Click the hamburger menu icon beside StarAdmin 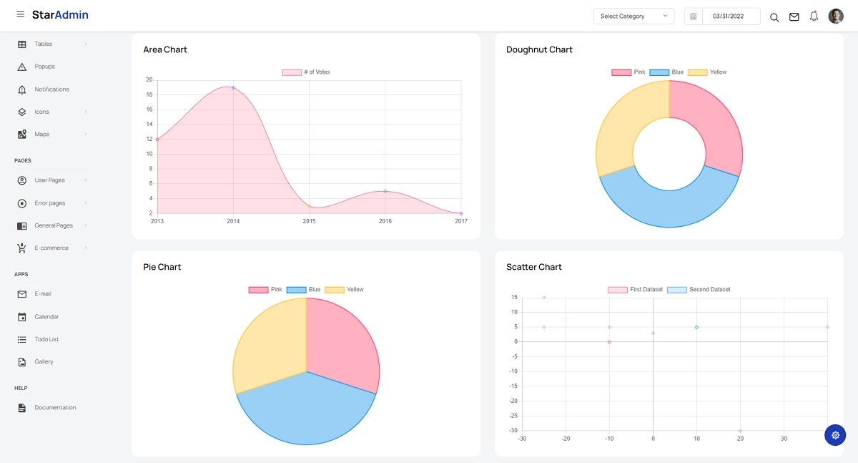coord(20,15)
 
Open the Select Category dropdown coord(633,16)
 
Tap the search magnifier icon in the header coord(774,17)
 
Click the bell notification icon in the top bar coord(814,16)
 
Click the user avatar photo coord(836,16)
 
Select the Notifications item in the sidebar coord(51,89)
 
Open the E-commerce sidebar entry coord(51,248)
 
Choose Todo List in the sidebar coord(46,339)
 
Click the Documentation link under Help coord(55,407)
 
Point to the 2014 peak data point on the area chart coord(233,87)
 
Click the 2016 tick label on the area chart coord(385,221)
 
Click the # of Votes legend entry coord(307,72)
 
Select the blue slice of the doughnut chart coord(669,208)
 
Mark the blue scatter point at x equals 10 coord(696,327)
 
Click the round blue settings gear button coord(835,435)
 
